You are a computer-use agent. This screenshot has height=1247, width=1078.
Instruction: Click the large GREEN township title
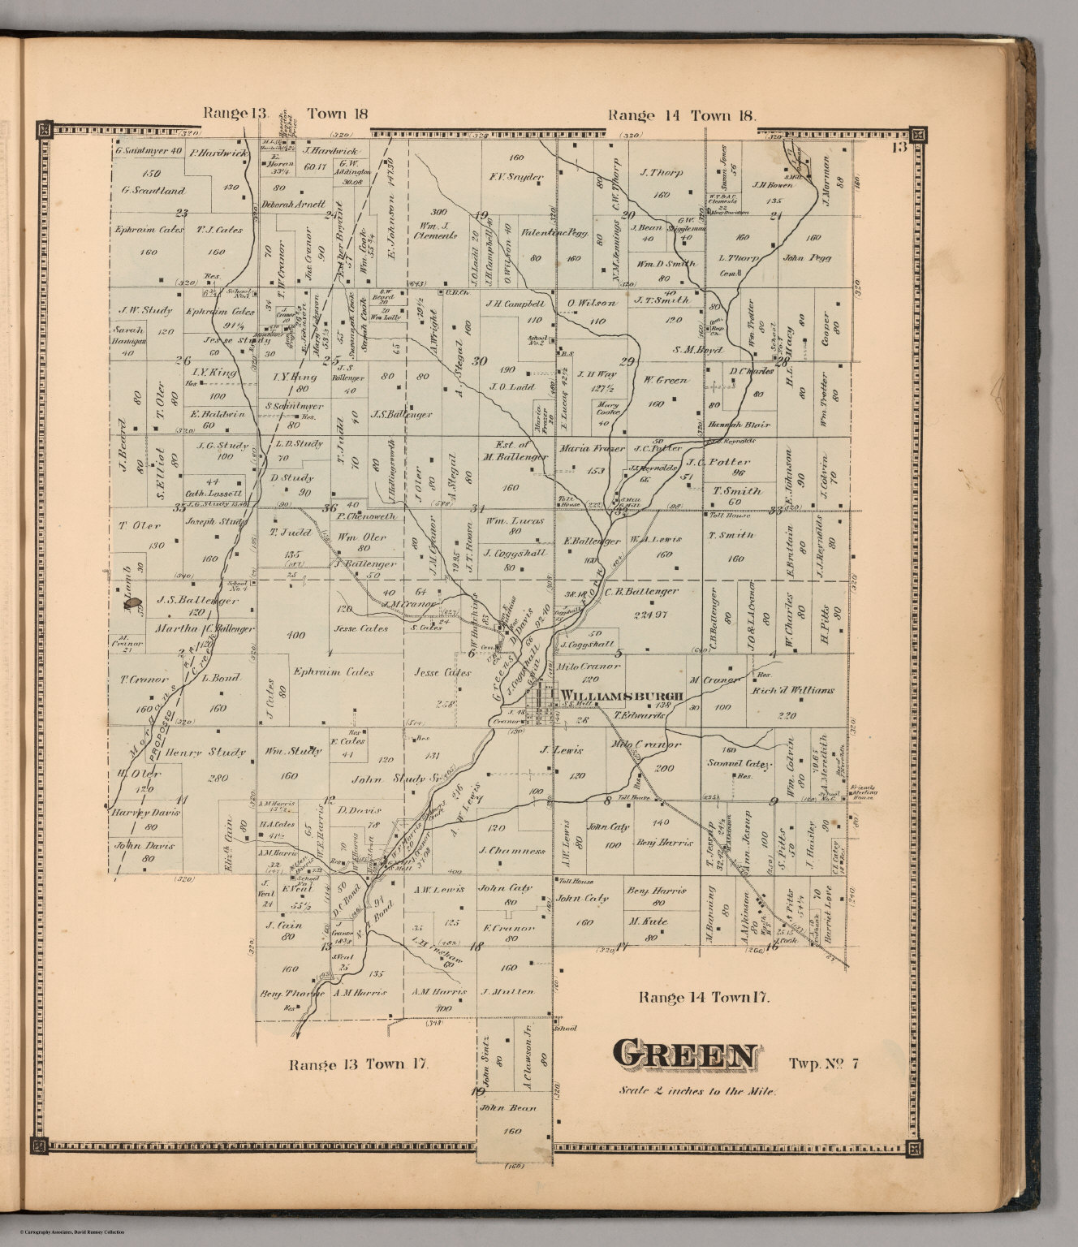pyautogui.click(x=686, y=1055)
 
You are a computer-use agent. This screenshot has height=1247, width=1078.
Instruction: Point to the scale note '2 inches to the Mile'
pyautogui.click(x=697, y=1090)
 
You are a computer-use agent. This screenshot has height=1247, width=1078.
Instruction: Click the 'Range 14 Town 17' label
pyautogui.click(x=700, y=997)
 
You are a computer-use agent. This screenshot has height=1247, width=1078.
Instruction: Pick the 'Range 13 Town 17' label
pyautogui.click(x=354, y=1064)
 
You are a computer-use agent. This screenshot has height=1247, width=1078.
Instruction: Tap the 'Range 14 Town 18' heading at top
pyautogui.click(x=682, y=115)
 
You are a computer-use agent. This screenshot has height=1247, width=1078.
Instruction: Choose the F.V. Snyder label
pyautogui.click(x=515, y=176)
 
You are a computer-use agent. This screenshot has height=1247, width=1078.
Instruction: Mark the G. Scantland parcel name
pyautogui.click(x=153, y=191)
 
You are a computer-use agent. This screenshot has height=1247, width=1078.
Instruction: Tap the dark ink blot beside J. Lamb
pyautogui.click(x=134, y=604)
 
